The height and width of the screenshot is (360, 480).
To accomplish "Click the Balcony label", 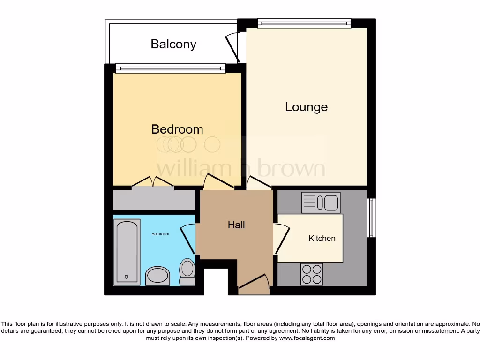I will click(173, 44).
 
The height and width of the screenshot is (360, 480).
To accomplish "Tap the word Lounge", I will click(306, 107).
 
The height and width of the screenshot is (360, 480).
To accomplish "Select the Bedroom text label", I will click(177, 129).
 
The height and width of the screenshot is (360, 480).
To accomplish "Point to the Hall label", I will click(236, 225).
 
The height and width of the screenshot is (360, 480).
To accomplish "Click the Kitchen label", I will click(322, 238).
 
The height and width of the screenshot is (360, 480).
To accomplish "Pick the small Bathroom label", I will click(160, 233).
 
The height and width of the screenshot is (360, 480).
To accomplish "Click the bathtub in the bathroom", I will click(127, 251).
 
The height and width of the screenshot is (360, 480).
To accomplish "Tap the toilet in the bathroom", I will click(187, 272).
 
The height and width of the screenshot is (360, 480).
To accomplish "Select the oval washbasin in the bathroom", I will click(158, 276).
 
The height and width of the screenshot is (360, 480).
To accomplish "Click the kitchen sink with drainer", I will click(321, 203).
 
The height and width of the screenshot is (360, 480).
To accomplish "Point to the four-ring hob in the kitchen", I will click(311, 274).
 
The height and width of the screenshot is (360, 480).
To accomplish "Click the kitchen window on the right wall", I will click(372, 217).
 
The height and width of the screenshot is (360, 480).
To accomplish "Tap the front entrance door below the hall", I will click(254, 283).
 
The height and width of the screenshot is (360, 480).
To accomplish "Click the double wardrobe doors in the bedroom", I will click(153, 182).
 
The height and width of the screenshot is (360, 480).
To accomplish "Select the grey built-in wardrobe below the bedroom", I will click(154, 200).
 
